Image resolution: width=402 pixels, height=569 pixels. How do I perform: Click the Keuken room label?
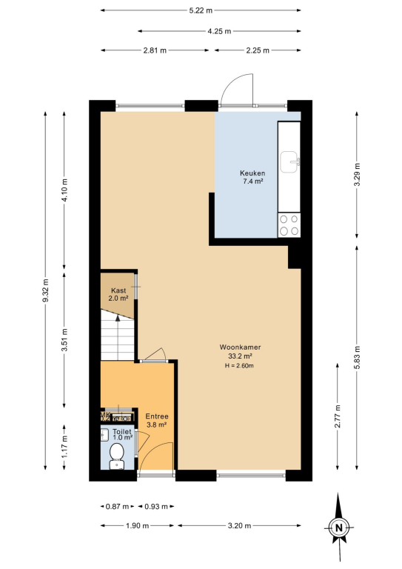[252, 173]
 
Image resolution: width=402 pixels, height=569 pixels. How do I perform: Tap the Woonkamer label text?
[240, 347]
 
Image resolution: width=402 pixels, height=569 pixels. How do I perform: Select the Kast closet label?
[118, 290]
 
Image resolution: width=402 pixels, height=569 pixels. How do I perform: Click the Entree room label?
[157, 416]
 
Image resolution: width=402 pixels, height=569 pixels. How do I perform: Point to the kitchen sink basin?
[290, 162]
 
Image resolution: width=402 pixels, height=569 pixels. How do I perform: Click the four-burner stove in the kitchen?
[289, 225]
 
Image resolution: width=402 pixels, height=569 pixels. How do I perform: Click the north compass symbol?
[339, 528]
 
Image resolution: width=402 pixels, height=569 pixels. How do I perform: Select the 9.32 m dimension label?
[45, 290]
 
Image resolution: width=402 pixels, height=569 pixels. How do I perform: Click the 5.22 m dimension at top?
[201, 10]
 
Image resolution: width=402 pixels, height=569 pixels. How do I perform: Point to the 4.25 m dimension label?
[219, 31]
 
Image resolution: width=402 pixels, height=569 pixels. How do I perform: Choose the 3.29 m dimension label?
[357, 175]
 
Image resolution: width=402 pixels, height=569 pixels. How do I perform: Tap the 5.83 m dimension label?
[357, 357]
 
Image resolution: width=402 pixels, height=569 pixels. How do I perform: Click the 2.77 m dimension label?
[338, 416]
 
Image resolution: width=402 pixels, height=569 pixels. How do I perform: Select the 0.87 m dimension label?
[117, 506]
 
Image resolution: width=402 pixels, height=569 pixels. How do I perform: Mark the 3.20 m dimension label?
[239, 525]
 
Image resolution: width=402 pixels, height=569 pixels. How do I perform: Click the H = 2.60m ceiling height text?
[239, 366]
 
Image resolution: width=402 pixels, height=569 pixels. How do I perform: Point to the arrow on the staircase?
[118, 338]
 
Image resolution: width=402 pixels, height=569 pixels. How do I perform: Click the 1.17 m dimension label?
[64, 447]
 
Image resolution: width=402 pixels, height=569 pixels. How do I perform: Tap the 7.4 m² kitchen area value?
[252, 181]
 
